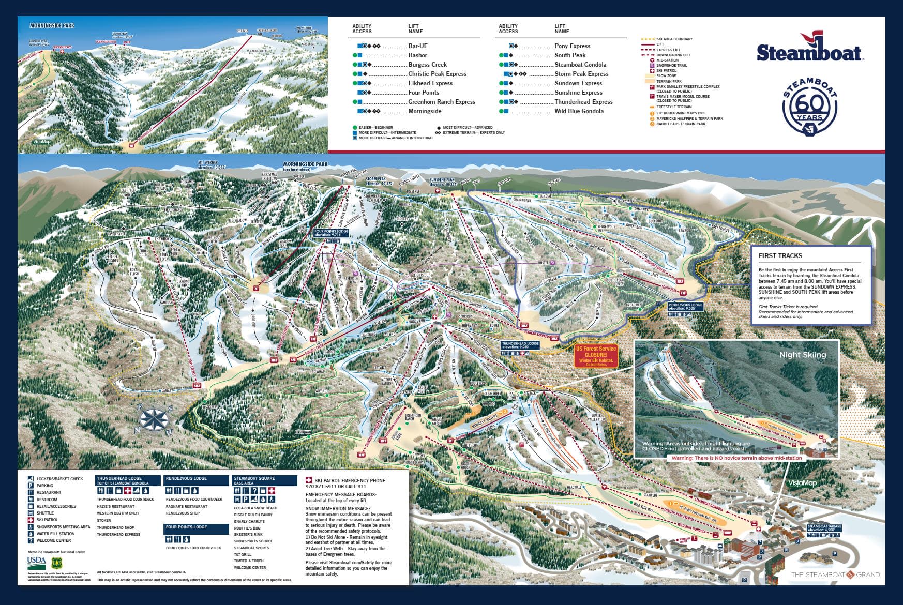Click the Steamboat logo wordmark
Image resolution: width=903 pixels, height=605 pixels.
point(809,51)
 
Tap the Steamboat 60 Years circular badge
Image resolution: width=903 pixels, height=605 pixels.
point(810,107)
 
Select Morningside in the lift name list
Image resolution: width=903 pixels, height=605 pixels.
point(425,111)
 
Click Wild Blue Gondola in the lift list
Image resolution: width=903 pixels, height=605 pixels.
point(579,111)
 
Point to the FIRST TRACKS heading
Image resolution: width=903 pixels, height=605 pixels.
point(780,255)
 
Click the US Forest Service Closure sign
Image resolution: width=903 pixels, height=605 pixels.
point(596,356)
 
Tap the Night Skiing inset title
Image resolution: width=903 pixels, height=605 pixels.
point(802,355)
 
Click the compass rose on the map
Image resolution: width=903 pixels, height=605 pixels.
point(156,419)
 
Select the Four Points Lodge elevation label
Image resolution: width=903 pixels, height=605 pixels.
point(331,233)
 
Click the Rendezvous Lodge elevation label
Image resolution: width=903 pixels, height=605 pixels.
point(686,306)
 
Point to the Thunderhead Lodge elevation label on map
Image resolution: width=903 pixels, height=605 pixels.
point(520,345)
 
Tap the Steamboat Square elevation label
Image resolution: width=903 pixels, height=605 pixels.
point(824,528)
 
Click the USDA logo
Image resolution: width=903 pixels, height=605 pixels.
point(36,561)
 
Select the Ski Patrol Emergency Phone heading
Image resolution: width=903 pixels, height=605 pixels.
point(350,480)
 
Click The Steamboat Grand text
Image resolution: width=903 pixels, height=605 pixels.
point(835,574)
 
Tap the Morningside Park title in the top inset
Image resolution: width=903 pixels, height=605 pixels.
point(52,25)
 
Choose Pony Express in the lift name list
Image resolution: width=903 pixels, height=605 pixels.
point(572,46)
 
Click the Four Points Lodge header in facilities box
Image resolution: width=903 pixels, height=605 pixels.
point(186,527)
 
